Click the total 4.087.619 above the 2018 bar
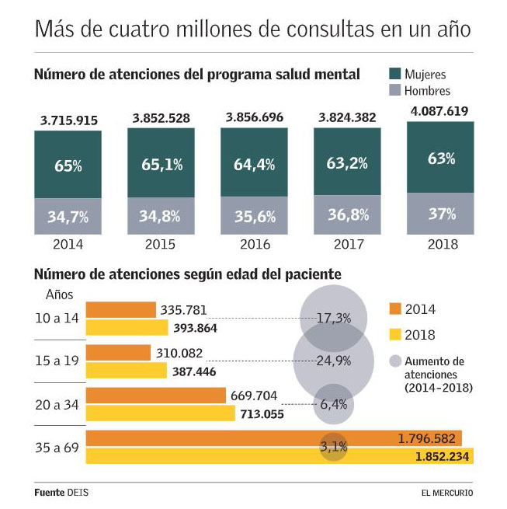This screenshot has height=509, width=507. (440, 111)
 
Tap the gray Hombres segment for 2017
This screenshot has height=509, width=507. (347, 215)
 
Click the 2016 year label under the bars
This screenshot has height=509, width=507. (254, 244)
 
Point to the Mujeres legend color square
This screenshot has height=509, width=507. (394, 74)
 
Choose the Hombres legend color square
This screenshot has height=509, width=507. (394, 90)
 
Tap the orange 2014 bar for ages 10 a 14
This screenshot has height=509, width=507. (120, 310)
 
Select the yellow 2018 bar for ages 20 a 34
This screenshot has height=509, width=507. (160, 413)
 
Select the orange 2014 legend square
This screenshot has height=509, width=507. (394, 309)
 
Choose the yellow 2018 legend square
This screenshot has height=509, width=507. (394, 335)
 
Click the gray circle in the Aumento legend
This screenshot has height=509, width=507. (394, 361)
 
